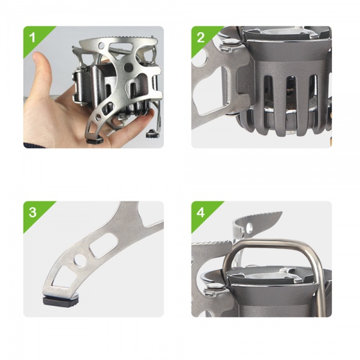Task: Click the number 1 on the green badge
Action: click(32, 37)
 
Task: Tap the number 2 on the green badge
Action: click(200, 37)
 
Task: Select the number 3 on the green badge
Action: click(32, 212)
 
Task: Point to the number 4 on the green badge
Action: click(200, 212)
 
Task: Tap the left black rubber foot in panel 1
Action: click(94, 140)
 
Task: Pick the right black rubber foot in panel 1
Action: click(152, 134)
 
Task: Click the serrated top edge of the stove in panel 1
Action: click(118, 38)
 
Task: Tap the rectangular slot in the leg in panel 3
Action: click(103, 244)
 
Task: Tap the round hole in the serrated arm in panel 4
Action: click(249, 228)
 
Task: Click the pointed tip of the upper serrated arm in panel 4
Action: click(282, 212)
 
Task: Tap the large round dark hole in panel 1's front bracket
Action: click(128, 67)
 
